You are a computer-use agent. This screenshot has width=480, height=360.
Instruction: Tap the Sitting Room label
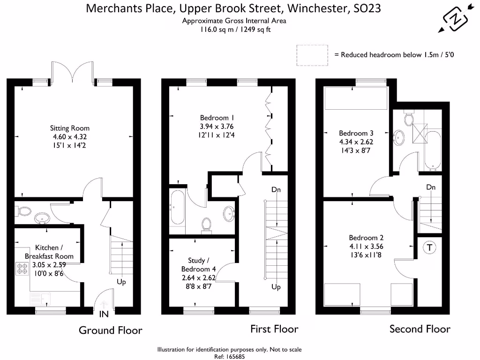70,128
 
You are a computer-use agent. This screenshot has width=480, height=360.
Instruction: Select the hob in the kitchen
22,269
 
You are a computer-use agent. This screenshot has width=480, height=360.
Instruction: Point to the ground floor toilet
22,212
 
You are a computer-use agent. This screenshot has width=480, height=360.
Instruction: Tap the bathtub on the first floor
178,207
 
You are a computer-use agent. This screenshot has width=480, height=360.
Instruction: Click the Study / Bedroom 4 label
199,265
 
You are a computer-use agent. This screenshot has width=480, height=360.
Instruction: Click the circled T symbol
429,248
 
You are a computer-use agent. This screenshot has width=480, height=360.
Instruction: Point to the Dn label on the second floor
431,187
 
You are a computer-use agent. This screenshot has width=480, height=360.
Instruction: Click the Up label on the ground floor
121,282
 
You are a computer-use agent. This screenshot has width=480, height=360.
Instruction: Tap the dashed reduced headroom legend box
312,54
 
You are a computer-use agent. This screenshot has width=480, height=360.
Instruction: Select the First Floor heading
274,329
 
